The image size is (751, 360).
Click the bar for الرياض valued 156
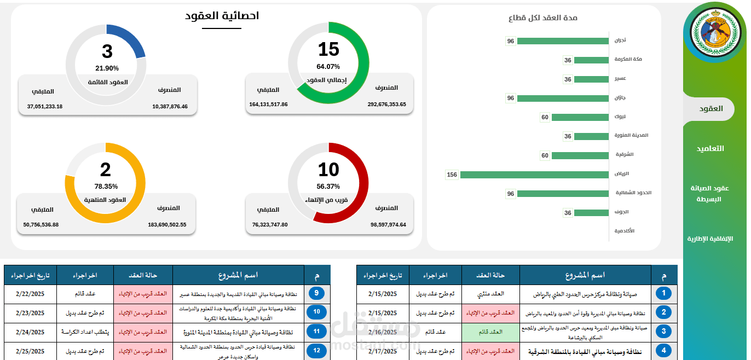[x=534, y=175]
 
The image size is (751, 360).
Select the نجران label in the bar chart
[x=620, y=40]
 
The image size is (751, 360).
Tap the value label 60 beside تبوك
[x=545, y=117]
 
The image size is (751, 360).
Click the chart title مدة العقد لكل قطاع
[x=543, y=18]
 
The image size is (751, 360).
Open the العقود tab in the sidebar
[x=710, y=108]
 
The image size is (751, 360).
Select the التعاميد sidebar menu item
[x=710, y=148]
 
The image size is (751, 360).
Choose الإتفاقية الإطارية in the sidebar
[x=710, y=239]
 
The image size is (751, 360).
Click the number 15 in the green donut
[x=328, y=50]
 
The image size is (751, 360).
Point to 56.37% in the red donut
[x=328, y=186]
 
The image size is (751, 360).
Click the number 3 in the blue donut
[x=107, y=51]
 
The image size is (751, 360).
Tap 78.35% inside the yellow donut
[x=106, y=186]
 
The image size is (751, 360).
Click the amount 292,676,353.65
[x=386, y=104]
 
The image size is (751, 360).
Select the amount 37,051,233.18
[x=45, y=106]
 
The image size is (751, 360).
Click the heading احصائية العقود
[x=222, y=16]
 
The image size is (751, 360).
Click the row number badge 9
[x=316, y=294]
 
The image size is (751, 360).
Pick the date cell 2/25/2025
[x=30, y=351]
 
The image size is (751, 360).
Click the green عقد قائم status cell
[x=490, y=332]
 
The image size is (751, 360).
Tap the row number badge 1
[x=664, y=294]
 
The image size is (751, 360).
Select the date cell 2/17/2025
[x=383, y=351]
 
